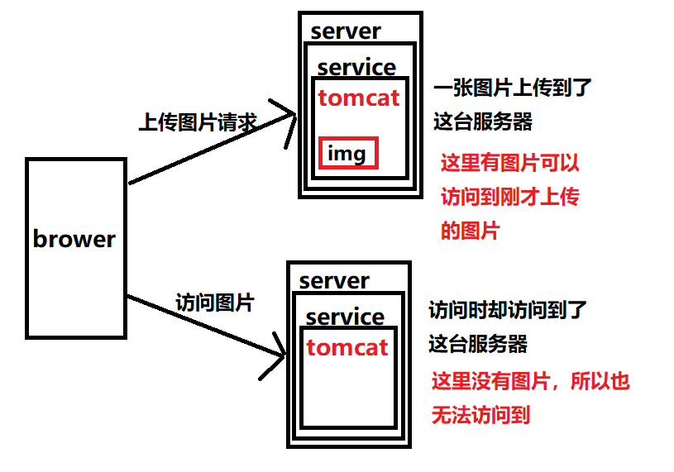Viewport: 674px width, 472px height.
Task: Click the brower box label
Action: pos(74,240)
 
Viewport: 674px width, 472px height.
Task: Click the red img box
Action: pos(348,154)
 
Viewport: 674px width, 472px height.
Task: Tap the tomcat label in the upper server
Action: pos(359,98)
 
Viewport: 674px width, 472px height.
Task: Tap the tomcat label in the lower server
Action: pos(347,347)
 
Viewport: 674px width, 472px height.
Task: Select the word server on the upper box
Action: pos(346,31)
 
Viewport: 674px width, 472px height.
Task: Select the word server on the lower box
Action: pos(334,281)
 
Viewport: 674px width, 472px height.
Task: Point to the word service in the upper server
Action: pos(356,68)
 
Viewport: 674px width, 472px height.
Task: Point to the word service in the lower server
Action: pos(345,317)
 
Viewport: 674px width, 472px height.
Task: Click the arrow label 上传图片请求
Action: pos(198,123)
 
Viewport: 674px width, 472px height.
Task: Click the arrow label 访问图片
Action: pos(214,303)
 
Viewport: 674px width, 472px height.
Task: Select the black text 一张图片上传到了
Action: pos(513,88)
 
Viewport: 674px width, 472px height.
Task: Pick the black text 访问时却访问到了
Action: pos(508,311)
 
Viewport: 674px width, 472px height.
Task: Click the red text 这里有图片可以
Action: pos(509,163)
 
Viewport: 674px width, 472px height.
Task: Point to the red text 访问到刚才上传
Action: pos(509,197)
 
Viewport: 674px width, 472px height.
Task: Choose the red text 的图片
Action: pos(470,231)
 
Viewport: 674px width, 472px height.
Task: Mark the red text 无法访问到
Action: pos(480,415)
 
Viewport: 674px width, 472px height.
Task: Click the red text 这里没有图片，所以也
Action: pos(530,381)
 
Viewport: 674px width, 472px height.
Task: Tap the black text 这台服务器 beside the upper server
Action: pos(483,122)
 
